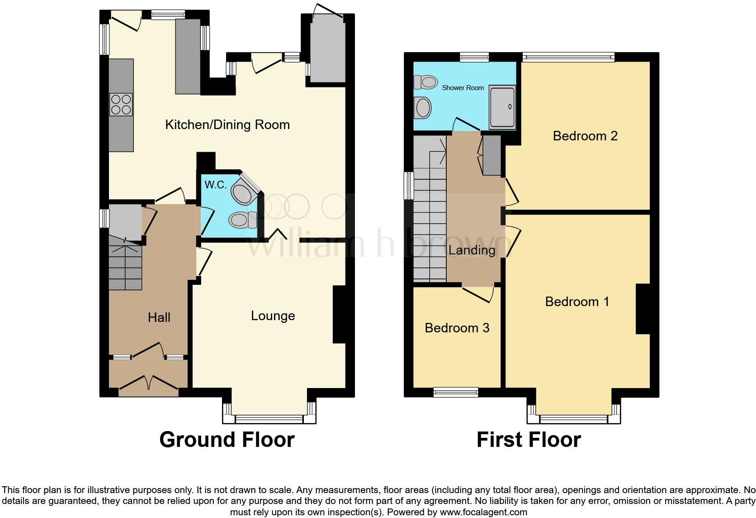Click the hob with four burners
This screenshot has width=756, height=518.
point(121,105)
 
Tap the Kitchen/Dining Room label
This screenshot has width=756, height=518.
point(227,125)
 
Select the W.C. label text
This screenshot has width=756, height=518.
point(215,185)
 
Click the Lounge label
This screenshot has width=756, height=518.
point(273,316)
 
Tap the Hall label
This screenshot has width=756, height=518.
point(159,317)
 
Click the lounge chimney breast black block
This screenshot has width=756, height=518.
point(339,314)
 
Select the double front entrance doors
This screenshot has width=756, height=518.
point(148,383)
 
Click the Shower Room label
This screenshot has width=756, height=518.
point(463,88)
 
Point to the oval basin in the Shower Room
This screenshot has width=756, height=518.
point(423,108)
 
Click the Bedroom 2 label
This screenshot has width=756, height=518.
point(585,136)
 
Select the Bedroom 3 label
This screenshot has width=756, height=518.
point(457,328)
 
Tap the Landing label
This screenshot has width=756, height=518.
point(471,250)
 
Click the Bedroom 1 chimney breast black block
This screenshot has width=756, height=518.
point(643,309)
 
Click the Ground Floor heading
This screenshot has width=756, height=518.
point(227,440)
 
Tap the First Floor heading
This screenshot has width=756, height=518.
point(528,440)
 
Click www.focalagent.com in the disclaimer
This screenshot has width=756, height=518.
point(483,513)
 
